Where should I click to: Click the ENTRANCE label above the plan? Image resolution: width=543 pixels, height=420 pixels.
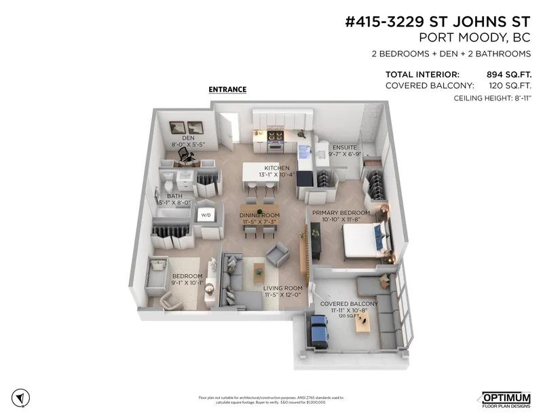(x=227, y=90)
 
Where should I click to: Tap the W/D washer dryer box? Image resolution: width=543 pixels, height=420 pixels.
(x=205, y=215)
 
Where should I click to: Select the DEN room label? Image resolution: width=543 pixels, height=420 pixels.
(x=188, y=138)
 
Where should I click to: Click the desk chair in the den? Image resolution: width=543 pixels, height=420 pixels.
(x=184, y=155)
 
